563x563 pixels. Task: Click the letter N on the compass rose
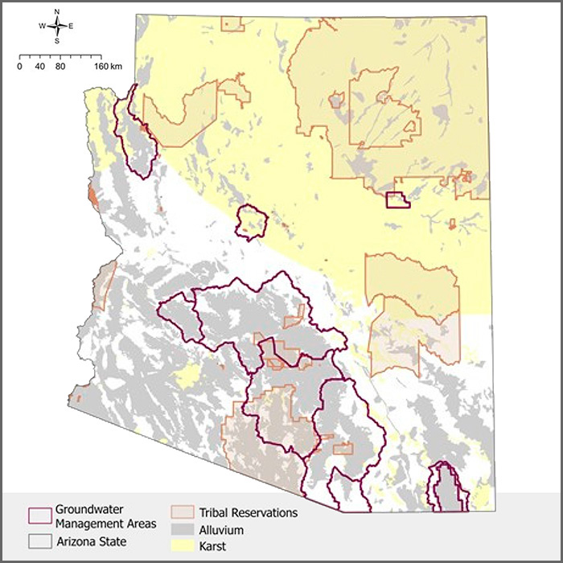click(57, 12)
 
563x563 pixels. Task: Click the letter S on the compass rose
click(57, 41)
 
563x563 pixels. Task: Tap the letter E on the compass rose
click(71, 27)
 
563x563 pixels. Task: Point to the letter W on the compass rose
click(42, 27)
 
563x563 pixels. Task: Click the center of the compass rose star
click(57, 27)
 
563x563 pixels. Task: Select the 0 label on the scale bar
click(19, 67)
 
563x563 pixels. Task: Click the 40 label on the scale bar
click(39, 67)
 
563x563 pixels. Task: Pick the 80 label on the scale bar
click(60, 67)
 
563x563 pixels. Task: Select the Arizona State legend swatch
click(39, 541)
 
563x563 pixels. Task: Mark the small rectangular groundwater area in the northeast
click(397, 200)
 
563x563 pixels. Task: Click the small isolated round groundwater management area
click(252, 221)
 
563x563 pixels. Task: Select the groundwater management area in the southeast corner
click(446, 487)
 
